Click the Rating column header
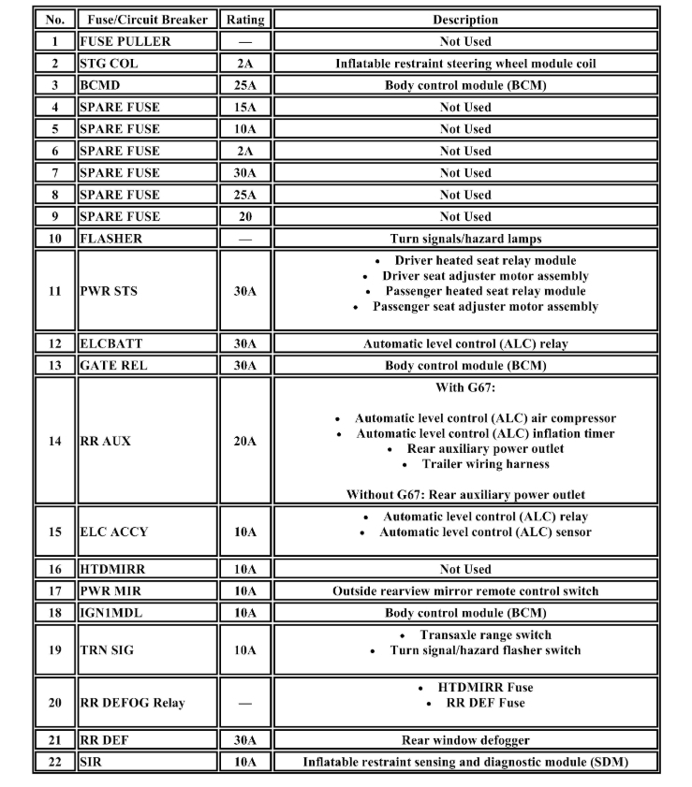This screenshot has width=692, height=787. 245,19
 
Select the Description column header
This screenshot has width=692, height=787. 465,19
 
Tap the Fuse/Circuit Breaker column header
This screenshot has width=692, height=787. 147,19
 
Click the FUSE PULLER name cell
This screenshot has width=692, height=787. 125,41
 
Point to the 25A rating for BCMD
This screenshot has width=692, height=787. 245,85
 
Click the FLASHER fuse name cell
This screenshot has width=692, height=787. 110,239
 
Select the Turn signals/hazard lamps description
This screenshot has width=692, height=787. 465,239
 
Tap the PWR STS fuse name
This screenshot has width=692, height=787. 108,291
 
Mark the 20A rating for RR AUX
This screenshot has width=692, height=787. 245,441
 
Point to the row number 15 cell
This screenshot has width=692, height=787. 55,532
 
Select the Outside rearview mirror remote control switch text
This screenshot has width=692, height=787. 465,591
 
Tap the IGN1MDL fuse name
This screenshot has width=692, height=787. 112,613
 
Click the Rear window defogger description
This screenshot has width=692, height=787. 465,740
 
